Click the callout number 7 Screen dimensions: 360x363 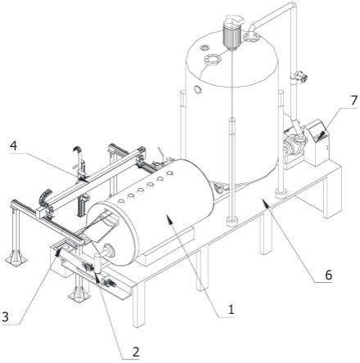pos(353,101)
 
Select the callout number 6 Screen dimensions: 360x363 pos(329,275)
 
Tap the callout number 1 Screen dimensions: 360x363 pos(231,310)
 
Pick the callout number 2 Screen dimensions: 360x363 pos(136,352)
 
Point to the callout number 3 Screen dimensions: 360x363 pos(5,317)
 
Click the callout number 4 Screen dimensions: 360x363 pos(13,146)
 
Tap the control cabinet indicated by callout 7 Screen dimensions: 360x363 pos(318,142)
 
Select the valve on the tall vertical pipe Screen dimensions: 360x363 pos(300,76)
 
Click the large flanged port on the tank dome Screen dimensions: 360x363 pos(211,60)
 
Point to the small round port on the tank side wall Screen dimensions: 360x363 pos(198,89)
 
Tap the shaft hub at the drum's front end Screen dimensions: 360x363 pos(110,250)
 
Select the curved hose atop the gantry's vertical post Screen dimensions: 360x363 pos(77,150)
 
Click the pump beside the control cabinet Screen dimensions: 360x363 pos(295,141)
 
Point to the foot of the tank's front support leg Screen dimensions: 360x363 pos(232,222)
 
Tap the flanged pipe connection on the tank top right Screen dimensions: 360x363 pos(251,35)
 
